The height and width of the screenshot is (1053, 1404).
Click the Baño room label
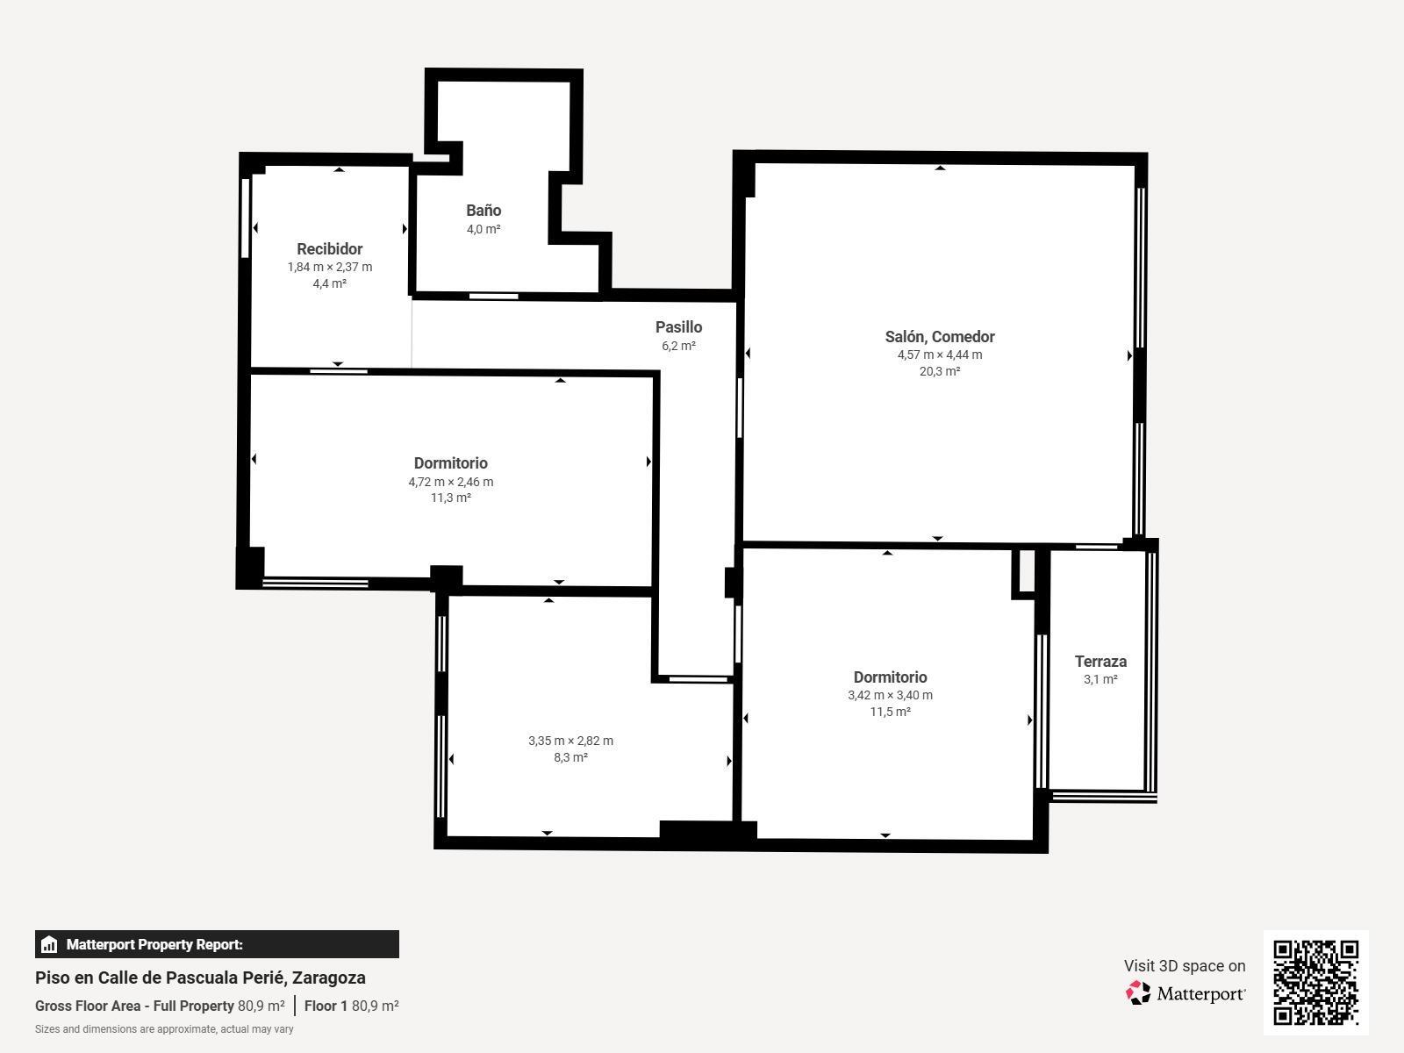click(484, 211)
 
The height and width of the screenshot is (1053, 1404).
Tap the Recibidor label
click(329, 249)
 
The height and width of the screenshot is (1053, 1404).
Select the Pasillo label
click(678, 327)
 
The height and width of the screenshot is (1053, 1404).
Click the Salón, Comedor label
click(939, 337)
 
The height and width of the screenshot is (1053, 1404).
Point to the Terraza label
click(1100, 662)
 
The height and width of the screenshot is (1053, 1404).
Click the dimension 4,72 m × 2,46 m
click(450, 482)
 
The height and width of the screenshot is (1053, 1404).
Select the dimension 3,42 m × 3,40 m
click(890, 695)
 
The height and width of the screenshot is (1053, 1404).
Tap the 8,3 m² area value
click(570, 757)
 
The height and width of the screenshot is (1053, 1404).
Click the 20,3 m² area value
click(939, 371)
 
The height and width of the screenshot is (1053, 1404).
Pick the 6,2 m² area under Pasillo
click(678, 346)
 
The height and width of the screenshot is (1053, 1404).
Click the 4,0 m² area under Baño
click(484, 229)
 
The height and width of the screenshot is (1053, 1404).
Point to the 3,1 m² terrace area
click(1100, 679)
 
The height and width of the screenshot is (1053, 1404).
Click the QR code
click(1315, 982)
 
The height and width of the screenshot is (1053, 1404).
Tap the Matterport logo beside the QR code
click(1186, 993)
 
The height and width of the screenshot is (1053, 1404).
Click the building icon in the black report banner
click(49, 944)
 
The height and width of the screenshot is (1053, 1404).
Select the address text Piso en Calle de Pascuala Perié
click(200, 978)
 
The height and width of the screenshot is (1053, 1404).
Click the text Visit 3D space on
click(1184, 965)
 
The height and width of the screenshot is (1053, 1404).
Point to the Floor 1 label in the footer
click(326, 1006)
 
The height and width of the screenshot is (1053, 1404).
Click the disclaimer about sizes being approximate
click(164, 1029)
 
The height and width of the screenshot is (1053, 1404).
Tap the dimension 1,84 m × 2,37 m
click(329, 267)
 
